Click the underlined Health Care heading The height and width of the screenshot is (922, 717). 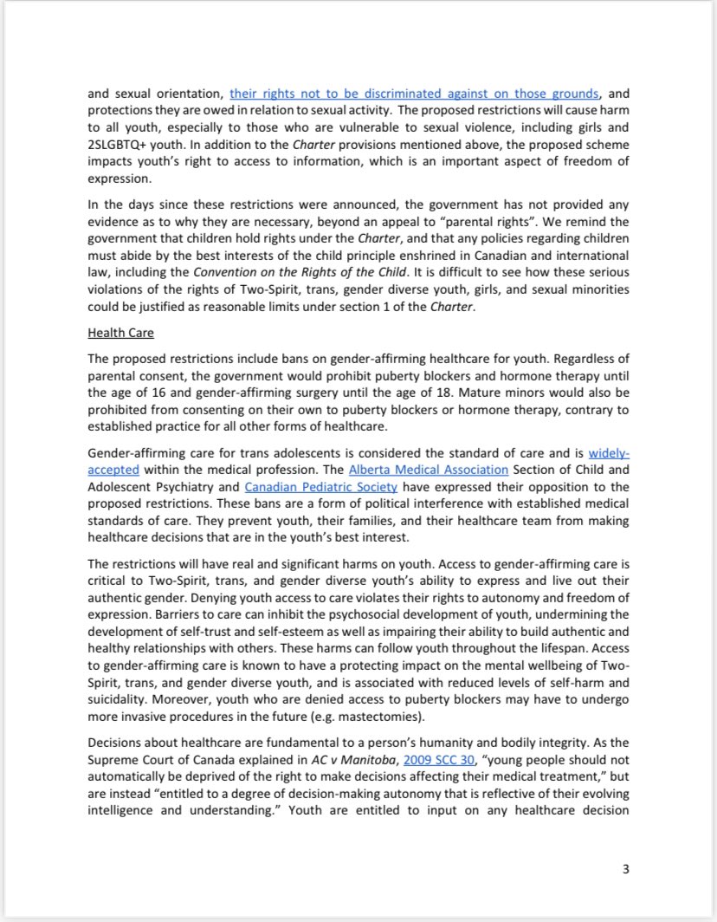[122, 331]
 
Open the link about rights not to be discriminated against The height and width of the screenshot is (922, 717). [414, 94]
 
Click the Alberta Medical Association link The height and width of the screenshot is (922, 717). [441, 471]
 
